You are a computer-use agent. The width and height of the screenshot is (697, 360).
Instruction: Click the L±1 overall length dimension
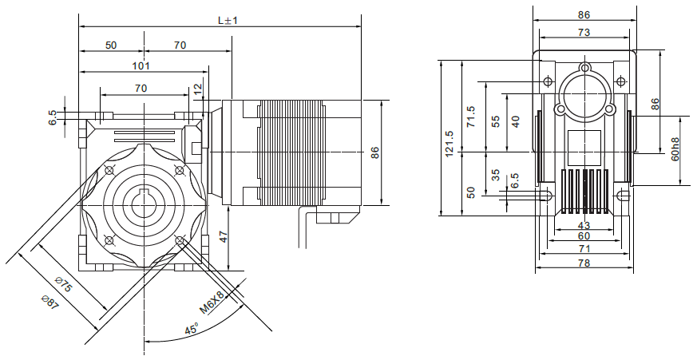(x=227, y=20)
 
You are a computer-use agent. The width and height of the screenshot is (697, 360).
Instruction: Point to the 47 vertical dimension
(x=224, y=236)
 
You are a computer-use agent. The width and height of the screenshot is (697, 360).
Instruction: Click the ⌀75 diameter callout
(x=64, y=286)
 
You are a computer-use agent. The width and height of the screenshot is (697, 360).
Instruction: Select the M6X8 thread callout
(x=212, y=303)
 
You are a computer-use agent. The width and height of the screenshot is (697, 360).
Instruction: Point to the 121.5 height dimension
(x=449, y=141)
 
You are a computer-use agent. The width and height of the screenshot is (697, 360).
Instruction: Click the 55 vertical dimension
(x=496, y=121)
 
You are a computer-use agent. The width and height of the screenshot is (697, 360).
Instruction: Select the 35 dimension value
(x=496, y=175)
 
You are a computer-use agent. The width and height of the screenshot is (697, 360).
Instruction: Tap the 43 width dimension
(x=584, y=226)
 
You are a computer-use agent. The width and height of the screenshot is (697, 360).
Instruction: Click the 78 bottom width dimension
(x=584, y=263)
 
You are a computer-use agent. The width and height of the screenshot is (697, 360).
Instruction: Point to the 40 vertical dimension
(x=515, y=121)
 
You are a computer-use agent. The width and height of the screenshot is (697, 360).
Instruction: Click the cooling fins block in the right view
(x=584, y=192)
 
